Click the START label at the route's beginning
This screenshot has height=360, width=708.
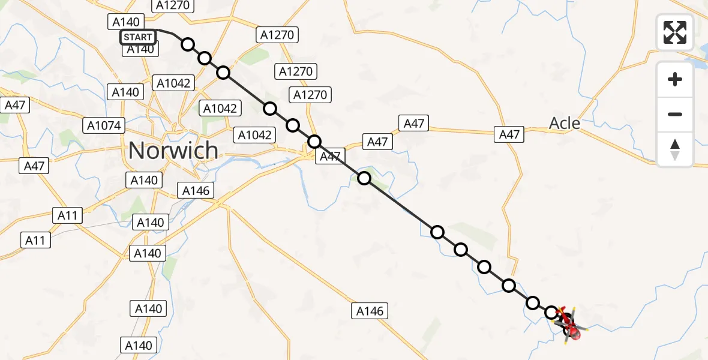click(x=138, y=37)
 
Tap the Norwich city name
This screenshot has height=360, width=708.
click(x=173, y=150)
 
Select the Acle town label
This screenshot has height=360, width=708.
click(x=565, y=124)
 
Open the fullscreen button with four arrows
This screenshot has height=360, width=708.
click(x=675, y=32)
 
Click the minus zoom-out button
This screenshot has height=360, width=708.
click(x=675, y=114)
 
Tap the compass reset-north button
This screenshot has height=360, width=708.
click(x=675, y=149)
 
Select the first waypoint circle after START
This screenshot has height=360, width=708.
click(x=188, y=44)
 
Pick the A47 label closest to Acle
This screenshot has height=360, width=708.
click(x=509, y=134)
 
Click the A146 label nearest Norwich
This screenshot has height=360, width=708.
click(x=196, y=191)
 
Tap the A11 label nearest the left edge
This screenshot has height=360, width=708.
click(x=35, y=241)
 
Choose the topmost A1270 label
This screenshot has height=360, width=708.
click(x=172, y=5)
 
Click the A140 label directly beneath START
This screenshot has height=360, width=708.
click(x=141, y=49)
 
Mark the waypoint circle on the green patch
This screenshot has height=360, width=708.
click(x=364, y=178)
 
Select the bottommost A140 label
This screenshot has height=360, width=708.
click(x=139, y=345)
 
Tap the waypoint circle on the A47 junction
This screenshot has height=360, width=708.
click(x=314, y=142)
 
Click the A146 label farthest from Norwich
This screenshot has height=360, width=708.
click(x=370, y=311)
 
